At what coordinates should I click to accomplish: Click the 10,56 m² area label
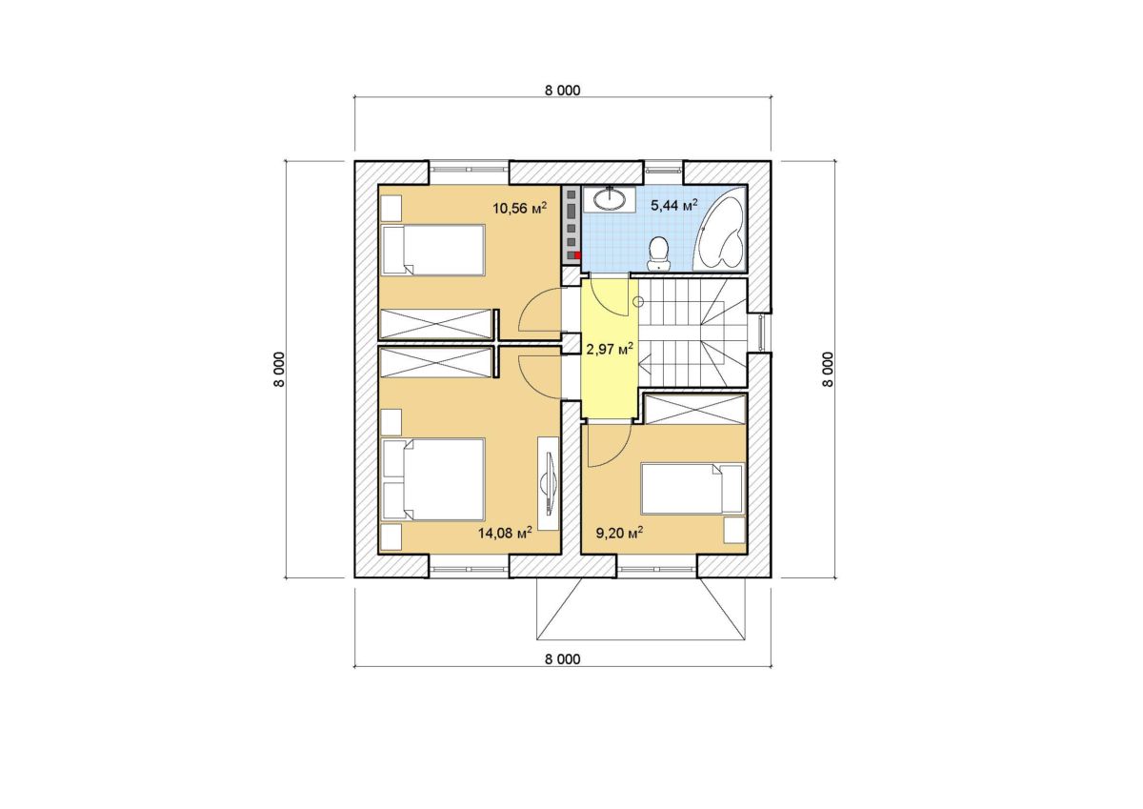click(x=519, y=208)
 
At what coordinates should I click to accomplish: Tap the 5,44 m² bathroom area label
click(x=674, y=205)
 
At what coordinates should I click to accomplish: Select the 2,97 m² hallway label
click(x=610, y=349)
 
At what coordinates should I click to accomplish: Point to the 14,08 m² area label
click(x=505, y=533)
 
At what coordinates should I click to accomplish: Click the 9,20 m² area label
click(x=619, y=533)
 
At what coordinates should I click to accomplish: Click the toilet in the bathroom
click(x=659, y=253)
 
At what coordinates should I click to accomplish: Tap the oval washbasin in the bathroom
click(x=610, y=199)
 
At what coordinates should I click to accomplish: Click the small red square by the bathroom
click(x=577, y=255)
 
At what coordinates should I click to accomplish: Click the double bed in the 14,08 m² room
click(x=432, y=479)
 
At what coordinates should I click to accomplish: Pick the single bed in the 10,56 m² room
click(x=432, y=250)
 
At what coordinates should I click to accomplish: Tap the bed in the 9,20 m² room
click(x=692, y=488)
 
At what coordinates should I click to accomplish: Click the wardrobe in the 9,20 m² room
click(x=694, y=409)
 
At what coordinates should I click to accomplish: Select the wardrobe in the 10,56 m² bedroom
click(x=436, y=324)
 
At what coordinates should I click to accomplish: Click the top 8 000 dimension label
click(x=562, y=91)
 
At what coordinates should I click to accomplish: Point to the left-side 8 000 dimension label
click(x=278, y=370)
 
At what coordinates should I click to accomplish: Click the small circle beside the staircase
click(x=638, y=302)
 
